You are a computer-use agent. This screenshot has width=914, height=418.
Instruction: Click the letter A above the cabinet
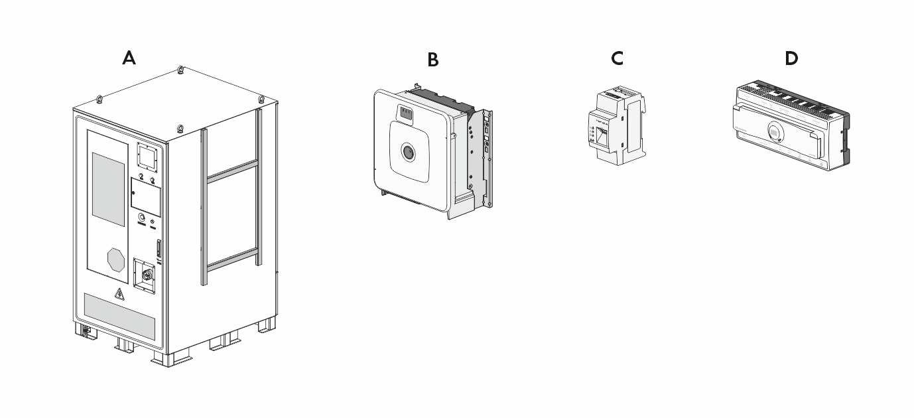129,58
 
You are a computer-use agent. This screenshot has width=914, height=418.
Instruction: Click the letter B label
432,60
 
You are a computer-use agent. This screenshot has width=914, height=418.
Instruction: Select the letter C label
617,58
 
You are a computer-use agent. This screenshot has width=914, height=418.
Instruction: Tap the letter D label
791,58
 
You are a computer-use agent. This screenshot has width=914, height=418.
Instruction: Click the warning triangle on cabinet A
119,295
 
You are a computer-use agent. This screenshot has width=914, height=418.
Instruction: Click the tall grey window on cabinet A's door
108,188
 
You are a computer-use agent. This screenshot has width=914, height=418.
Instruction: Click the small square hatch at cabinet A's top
148,157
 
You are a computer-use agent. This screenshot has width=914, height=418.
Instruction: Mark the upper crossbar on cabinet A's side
231,170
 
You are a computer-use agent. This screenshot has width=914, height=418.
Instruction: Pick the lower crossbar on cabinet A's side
231,259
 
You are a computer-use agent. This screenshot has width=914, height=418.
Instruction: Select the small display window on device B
405,114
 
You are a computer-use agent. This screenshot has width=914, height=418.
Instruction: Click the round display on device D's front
774,131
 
